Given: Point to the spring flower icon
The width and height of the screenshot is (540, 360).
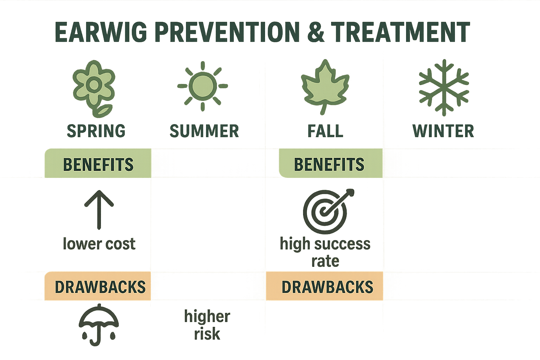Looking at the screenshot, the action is tap(94, 88).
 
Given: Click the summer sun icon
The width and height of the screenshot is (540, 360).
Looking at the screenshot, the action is tap(202, 86).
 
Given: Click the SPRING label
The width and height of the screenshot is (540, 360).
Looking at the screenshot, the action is tap(96, 131).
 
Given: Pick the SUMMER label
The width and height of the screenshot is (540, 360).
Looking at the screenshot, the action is tap(204, 131).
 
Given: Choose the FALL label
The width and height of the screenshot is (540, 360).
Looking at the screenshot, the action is tap(325, 131).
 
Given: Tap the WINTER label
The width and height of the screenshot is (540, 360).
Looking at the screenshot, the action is tap(443, 131).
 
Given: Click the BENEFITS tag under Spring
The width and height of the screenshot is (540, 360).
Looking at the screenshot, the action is tap(98, 164).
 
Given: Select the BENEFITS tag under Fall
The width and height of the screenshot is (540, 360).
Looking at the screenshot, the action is tap(329, 164).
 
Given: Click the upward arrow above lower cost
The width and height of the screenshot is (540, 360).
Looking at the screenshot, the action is tap(99, 210).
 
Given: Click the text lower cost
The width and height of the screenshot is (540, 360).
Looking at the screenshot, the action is tap(99, 244).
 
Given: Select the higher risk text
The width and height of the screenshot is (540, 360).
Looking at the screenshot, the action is tap(207, 325).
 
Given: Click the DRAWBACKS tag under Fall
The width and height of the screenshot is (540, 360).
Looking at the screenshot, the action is tap(327, 287).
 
